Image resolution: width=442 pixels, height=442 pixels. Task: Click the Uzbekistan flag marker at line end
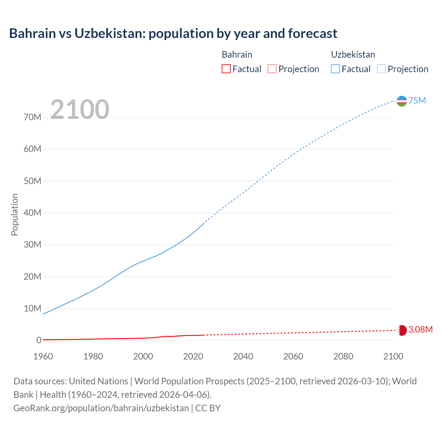(x=402, y=101)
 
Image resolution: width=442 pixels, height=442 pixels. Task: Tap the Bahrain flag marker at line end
(x=402, y=330)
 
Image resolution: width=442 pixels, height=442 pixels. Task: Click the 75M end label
(x=417, y=100)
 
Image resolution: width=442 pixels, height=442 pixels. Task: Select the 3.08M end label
(x=420, y=329)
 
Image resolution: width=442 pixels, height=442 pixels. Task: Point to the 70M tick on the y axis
(x=32, y=117)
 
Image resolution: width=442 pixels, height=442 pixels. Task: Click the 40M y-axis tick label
(x=32, y=213)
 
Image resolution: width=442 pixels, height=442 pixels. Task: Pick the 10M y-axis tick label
(x=32, y=308)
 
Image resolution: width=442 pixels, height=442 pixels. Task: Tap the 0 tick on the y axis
(x=39, y=340)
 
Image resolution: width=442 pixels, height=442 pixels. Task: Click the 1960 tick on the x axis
(x=43, y=356)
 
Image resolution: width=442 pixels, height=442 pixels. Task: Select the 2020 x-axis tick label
(x=193, y=356)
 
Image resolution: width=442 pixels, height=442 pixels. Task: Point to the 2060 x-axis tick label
(x=293, y=356)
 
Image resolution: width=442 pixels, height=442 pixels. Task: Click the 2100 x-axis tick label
(x=393, y=356)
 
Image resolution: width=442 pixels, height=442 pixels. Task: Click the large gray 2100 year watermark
(x=80, y=109)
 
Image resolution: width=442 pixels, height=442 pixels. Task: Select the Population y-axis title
(x=15, y=214)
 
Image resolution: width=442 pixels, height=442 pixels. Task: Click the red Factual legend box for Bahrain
(x=226, y=69)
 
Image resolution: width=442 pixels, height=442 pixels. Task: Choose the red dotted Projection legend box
(x=272, y=69)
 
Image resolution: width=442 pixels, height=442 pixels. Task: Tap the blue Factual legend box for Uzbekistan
(x=335, y=69)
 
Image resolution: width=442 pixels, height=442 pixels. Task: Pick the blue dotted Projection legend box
(x=381, y=69)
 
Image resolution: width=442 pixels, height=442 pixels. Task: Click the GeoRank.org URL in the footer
(x=101, y=408)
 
